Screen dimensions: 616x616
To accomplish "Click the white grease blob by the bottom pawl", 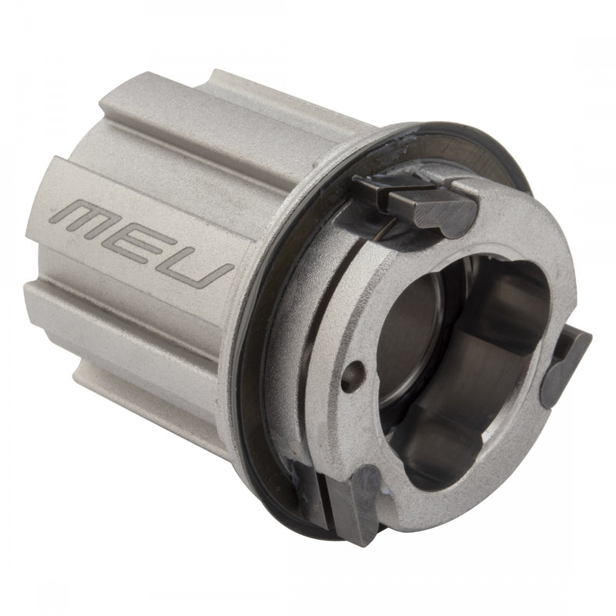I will pos(385,481).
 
